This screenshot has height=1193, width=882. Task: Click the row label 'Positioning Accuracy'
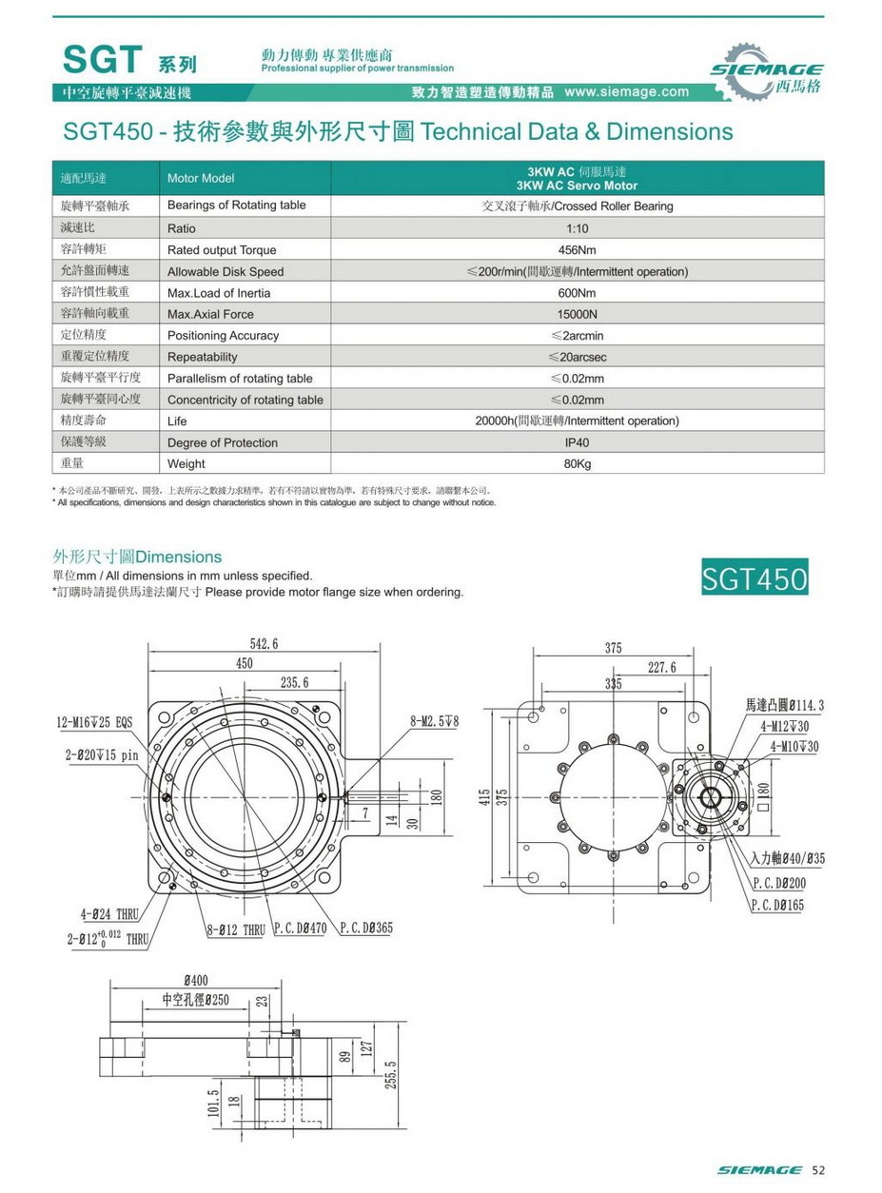223,336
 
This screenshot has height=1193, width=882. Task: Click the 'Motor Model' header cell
200,178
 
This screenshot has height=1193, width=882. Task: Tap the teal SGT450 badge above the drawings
755,577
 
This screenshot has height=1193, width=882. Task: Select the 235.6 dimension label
295,682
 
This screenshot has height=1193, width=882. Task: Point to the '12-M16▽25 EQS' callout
94,723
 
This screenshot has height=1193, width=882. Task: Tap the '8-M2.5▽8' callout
434,722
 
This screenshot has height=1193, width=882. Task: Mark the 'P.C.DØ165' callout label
777,905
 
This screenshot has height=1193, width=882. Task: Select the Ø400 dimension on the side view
197,980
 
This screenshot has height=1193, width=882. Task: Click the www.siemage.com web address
626,92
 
